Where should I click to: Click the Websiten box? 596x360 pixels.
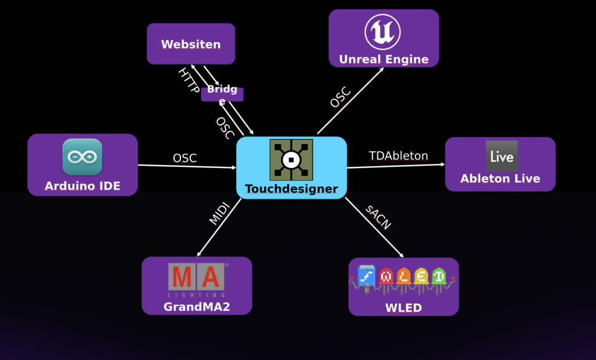pyautogui.click(x=191, y=44)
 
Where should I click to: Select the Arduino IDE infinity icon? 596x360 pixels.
pyautogui.click(x=82, y=157)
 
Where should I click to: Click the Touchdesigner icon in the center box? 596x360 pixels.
pyautogui.click(x=291, y=159)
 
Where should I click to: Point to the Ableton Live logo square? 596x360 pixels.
pyautogui.click(x=501, y=156)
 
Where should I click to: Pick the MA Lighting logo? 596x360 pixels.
pyautogui.click(x=197, y=278)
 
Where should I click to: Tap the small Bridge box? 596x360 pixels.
pyautogui.click(x=222, y=94)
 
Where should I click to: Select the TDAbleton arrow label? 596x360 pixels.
pyautogui.click(x=398, y=156)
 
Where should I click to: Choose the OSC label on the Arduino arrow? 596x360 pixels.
pyautogui.click(x=185, y=158)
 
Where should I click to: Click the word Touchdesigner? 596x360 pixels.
pyautogui.click(x=291, y=189)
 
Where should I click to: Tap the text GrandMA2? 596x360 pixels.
pyautogui.click(x=197, y=306)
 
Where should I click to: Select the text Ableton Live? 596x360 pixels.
pyautogui.click(x=500, y=179)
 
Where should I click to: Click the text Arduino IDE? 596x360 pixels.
pyautogui.click(x=82, y=186)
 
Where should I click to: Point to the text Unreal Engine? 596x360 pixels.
pyautogui.click(x=384, y=59)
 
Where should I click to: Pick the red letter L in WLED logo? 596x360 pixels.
pyautogui.click(x=385, y=278)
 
